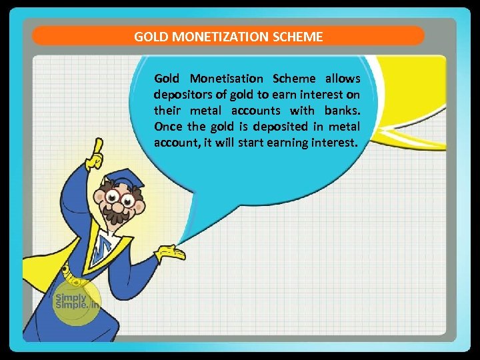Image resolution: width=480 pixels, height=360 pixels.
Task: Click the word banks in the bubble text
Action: [x=343, y=111]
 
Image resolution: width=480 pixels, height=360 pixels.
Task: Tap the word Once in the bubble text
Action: [x=167, y=127]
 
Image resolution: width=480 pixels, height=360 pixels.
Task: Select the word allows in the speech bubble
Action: [x=343, y=79]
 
